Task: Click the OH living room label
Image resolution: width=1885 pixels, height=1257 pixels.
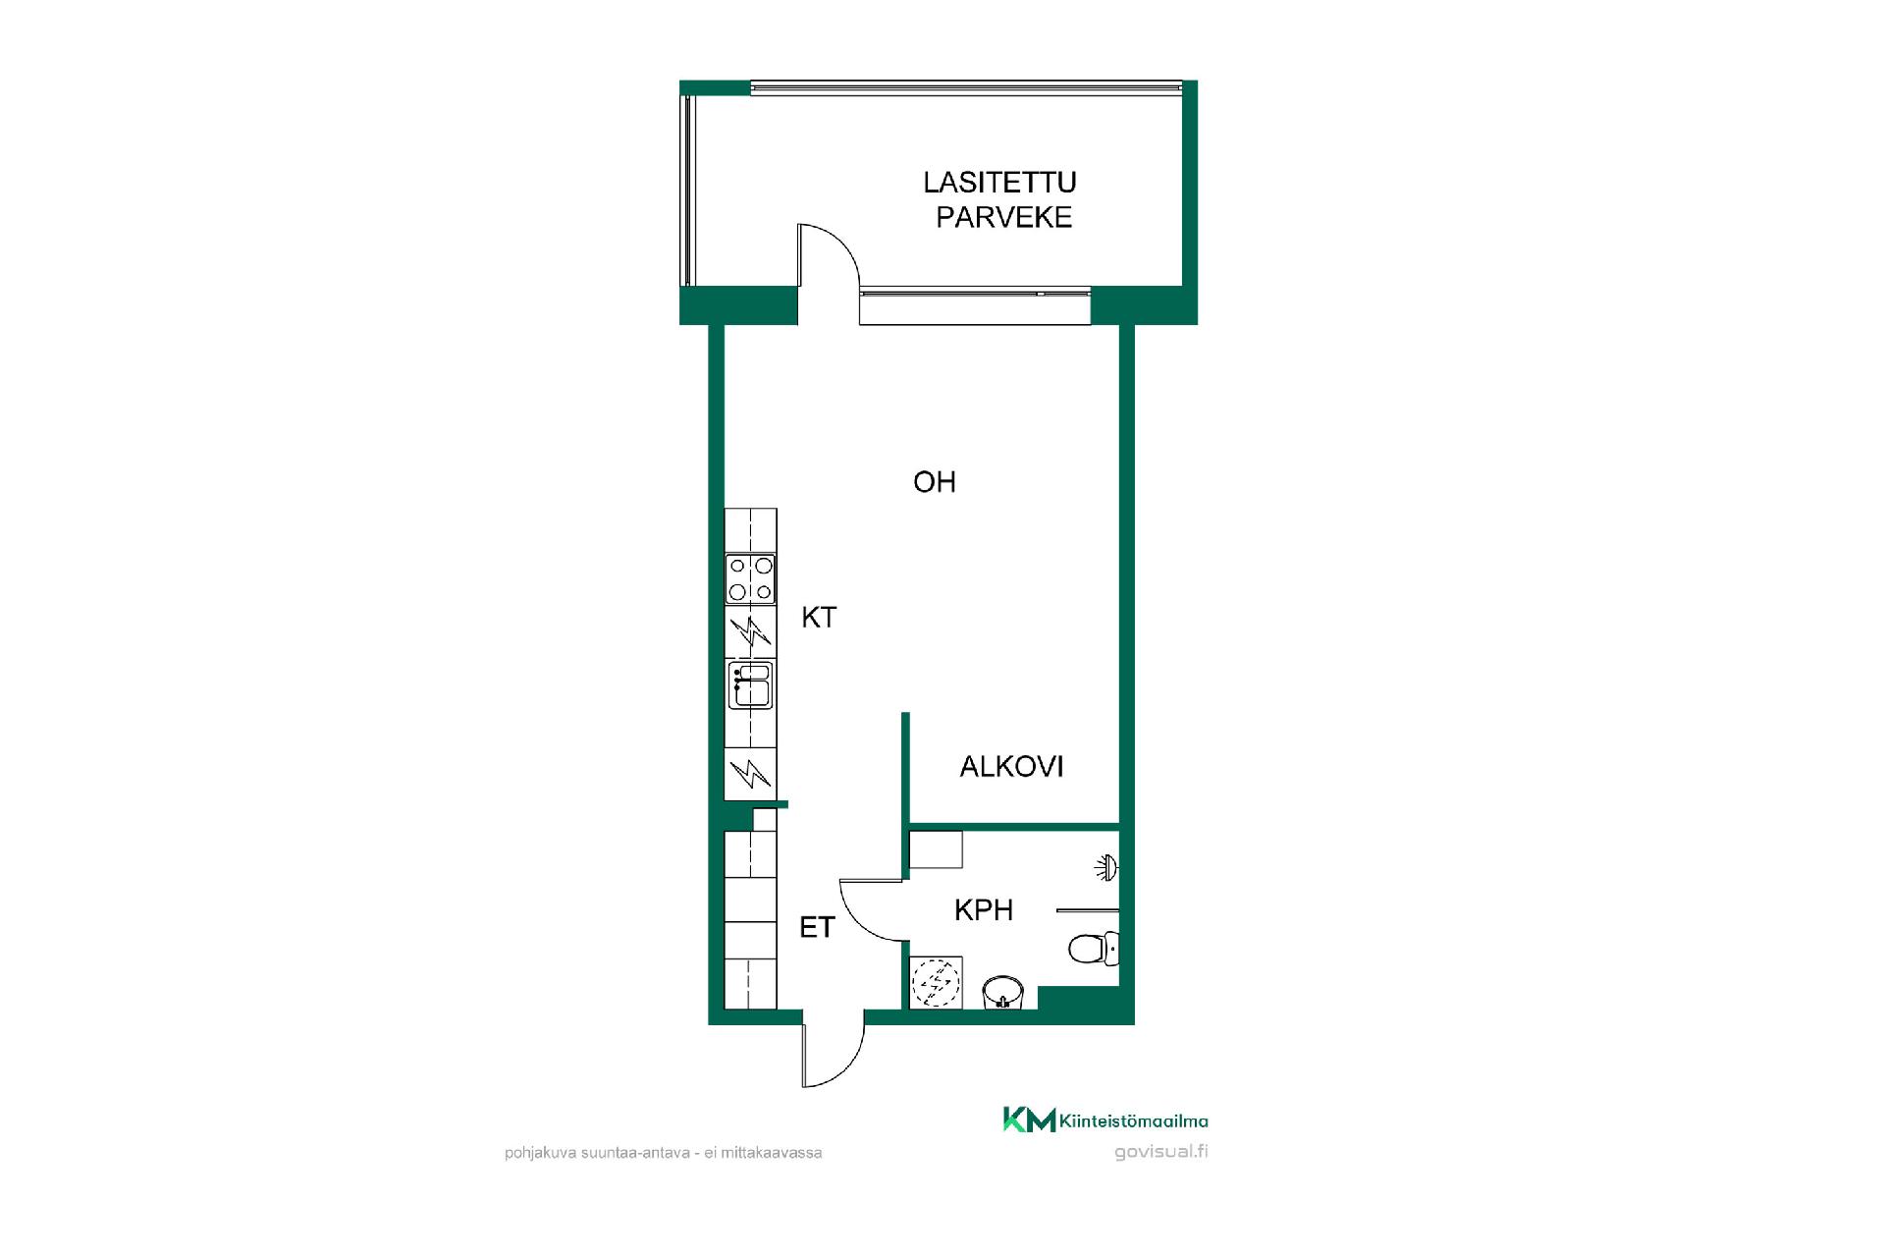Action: coord(934,481)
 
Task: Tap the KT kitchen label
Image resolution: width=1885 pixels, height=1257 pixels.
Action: coord(819,617)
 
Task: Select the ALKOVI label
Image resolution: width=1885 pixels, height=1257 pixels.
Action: coord(1011,766)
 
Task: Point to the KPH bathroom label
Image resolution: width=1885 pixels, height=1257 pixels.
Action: coord(983,909)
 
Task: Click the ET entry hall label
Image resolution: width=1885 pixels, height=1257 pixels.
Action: coord(817,927)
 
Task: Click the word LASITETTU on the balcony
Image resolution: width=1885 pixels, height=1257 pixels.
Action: coord(999,182)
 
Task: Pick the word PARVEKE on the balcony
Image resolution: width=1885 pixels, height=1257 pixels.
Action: coord(1003,217)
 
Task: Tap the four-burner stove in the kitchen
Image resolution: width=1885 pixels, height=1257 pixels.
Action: coord(750,578)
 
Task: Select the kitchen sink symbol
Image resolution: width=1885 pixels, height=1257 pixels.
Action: coord(750,684)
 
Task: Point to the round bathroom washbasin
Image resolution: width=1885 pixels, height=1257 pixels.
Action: coord(1002,992)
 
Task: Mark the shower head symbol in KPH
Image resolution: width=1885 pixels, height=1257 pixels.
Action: coord(1107,867)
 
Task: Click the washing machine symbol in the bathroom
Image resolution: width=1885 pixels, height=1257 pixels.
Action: coord(936,982)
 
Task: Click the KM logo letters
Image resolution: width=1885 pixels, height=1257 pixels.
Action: coord(1029,1120)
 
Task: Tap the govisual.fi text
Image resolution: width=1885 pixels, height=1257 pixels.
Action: coord(1161,1152)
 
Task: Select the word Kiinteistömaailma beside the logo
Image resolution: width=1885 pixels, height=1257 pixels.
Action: coord(1134,1121)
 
